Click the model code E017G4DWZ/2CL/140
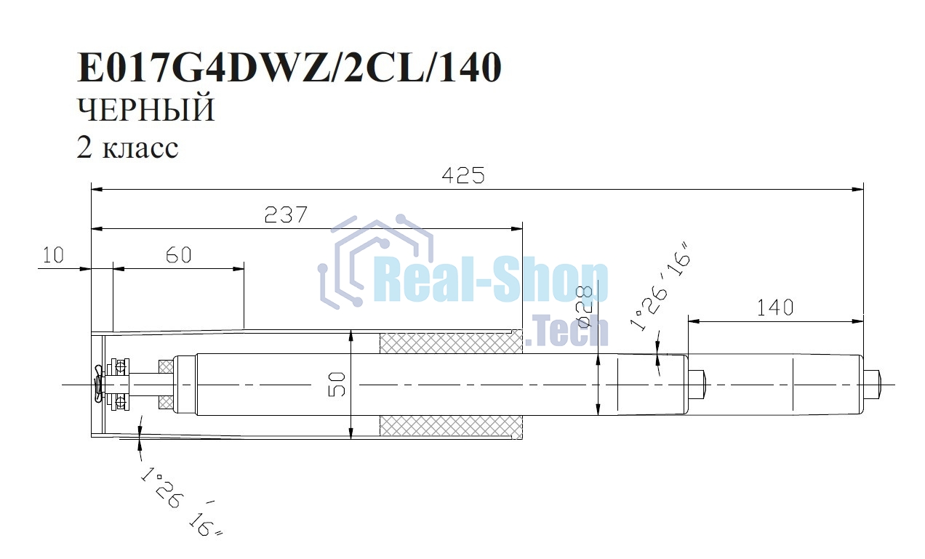tap(289, 68)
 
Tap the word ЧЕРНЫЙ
tap(145, 110)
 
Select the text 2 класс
tap(127, 148)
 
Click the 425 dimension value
tap(463, 176)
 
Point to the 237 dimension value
tap(286, 214)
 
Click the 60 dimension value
tap(178, 255)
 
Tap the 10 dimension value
tap(53, 255)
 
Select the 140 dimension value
tap(774, 307)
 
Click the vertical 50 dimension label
tap(337, 384)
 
